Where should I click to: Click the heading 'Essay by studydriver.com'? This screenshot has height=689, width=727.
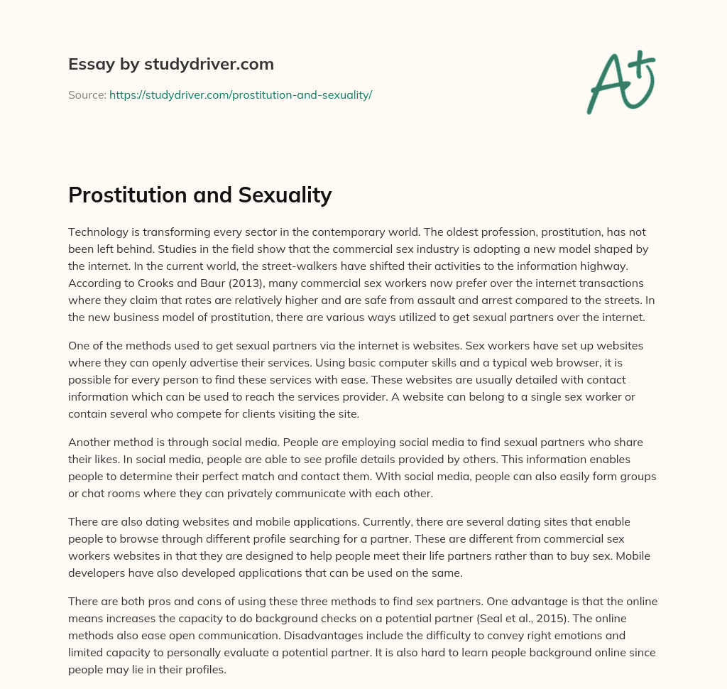[x=170, y=64]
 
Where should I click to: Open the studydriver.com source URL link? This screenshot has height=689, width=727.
[x=241, y=94]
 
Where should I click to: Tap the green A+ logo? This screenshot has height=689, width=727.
[x=620, y=82]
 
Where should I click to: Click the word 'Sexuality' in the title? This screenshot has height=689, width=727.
[x=288, y=195]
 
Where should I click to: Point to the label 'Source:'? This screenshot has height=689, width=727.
[x=87, y=94]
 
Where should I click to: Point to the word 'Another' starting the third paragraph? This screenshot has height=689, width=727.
[x=89, y=441]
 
